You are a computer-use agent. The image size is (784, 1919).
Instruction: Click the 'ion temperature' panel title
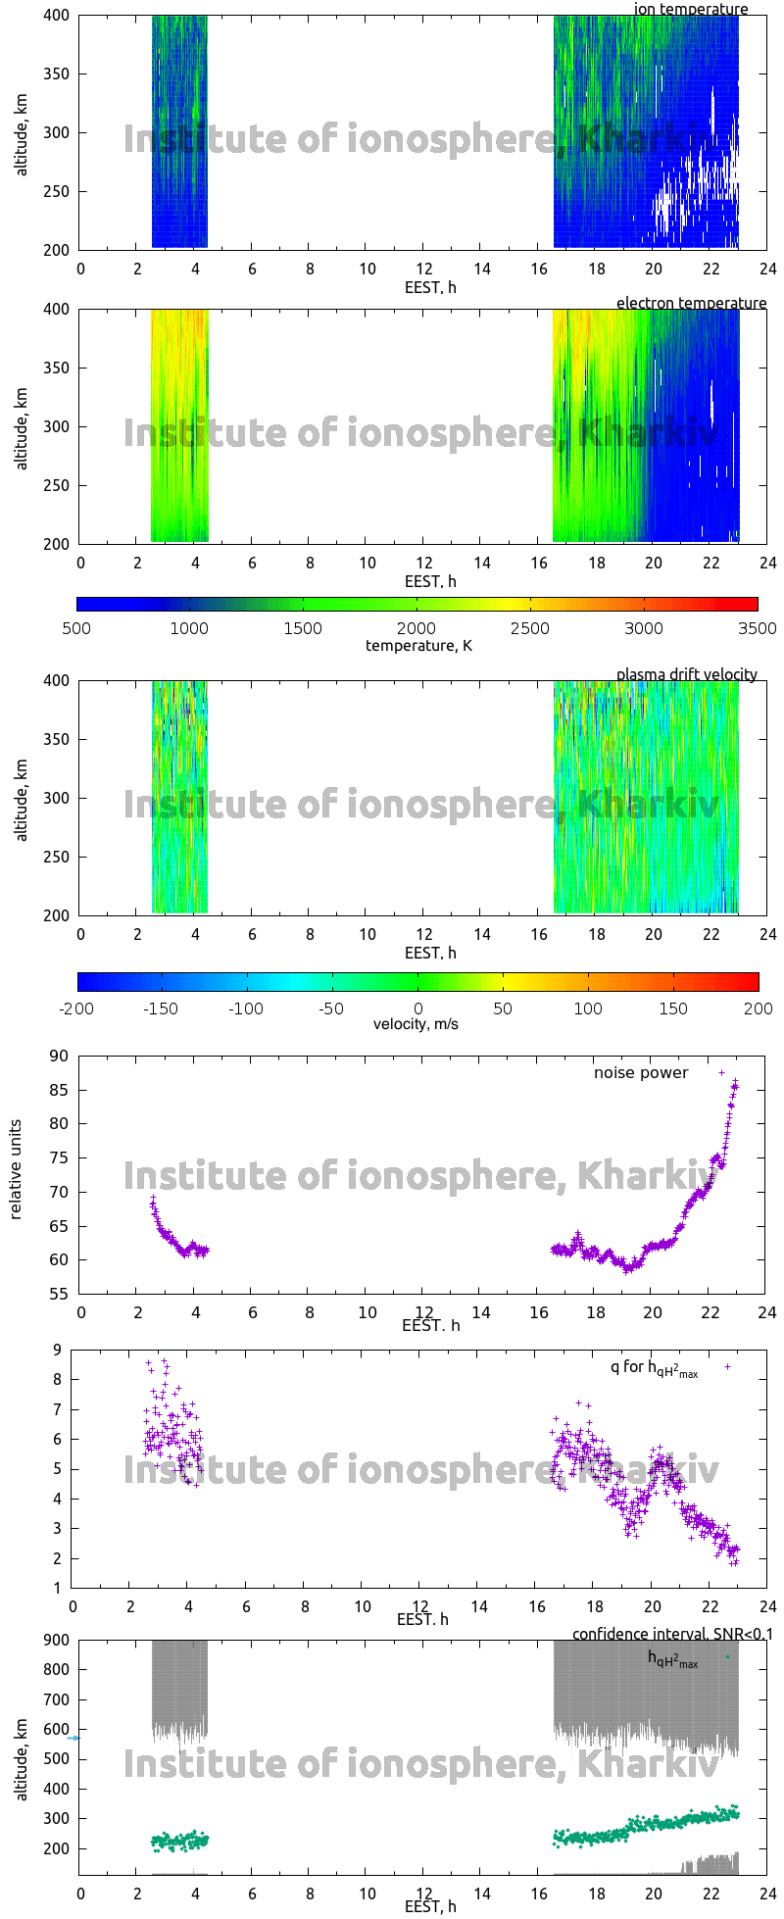pyautogui.click(x=691, y=10)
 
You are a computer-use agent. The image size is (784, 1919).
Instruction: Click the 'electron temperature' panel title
pyautogui.click(x=691, y=304)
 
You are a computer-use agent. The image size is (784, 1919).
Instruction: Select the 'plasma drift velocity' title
pyautogui.click(x=686, y=674)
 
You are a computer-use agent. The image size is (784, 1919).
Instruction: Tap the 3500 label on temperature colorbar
pyautogui.click(x=759, y=628)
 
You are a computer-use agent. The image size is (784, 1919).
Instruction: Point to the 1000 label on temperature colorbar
pyautogui.click(x=189, y=628)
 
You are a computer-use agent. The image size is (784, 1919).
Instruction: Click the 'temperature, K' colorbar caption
pyautogui.click(x=418, y=645)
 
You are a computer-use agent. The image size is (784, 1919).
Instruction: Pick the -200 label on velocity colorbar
pyautogui.click(x=76, y=1008)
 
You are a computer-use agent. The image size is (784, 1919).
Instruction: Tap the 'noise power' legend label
pyautogui.click(x=641, y=1073)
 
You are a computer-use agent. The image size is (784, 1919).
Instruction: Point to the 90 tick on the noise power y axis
pyautogui.click(x=59, y=1056)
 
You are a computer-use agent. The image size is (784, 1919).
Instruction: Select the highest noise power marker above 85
pyautogui.click(x=722, y=1072)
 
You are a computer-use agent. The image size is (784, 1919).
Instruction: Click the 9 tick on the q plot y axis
pyautogui.click(x=58, y=1351)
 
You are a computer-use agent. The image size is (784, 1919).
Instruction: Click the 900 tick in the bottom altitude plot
pyautogui.click(x=55, y=1640)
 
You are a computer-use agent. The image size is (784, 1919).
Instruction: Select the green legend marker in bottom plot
pyautogui.click(x=727, y=1656)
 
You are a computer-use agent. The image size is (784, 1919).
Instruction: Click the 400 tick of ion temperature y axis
pyautogui.click(x=55, y=16)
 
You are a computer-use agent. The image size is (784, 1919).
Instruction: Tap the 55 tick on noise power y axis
pyautogui.click(x=59, y=1294)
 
